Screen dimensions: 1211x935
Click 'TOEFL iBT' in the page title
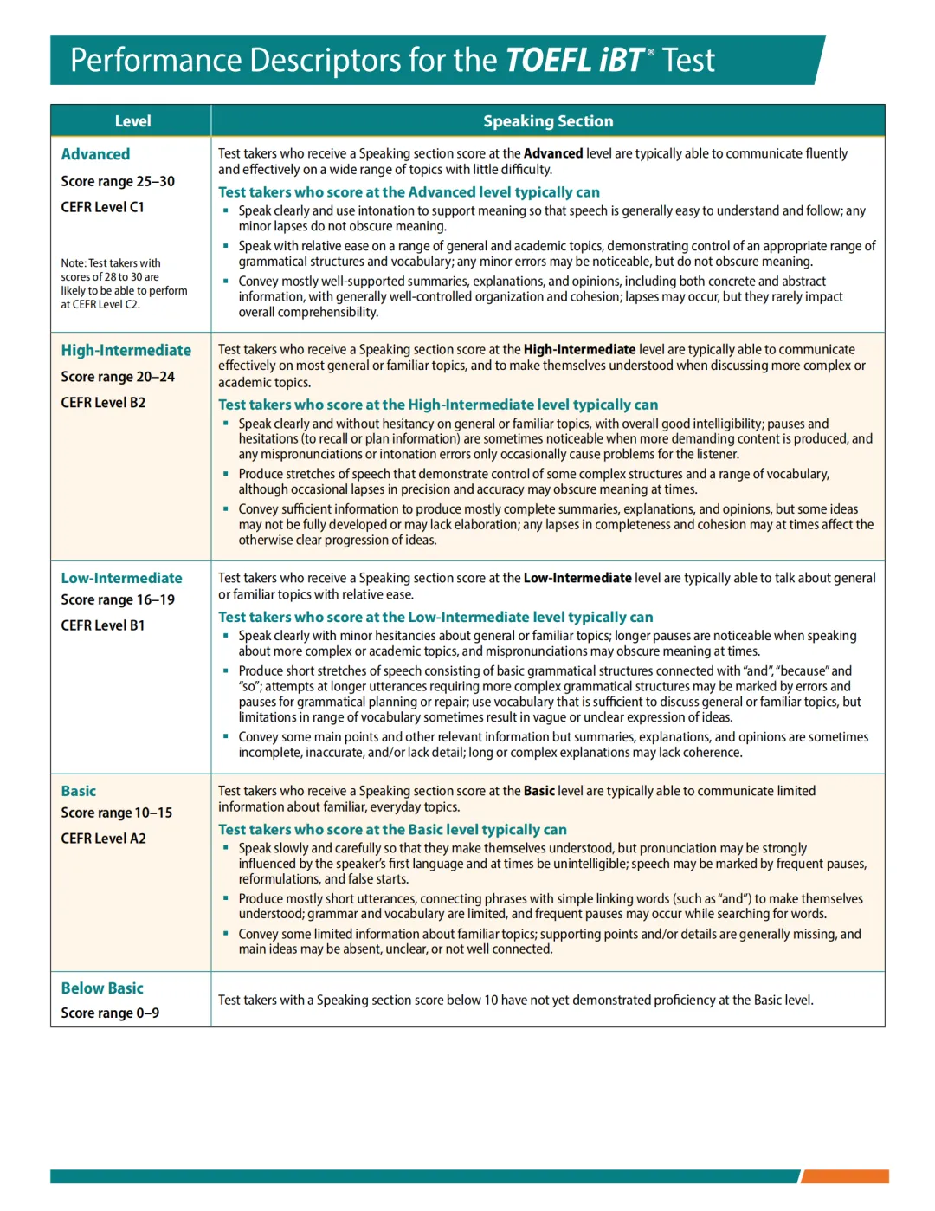click(574, 61)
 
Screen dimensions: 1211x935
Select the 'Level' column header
click(132, 121)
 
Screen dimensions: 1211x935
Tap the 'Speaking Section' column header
click(547, 121)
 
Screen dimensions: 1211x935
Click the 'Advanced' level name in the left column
click(95, 154)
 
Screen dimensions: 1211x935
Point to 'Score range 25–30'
click(118, 181)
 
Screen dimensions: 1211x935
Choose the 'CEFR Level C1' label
click(102, 207)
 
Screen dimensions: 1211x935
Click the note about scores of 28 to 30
click(124, 283)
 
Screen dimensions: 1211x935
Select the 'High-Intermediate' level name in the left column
click(126, 350)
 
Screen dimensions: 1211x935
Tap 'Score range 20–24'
click(118, 377)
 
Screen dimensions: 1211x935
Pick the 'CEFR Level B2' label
click(103, 403)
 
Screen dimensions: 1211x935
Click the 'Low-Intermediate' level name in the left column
click(121, 578)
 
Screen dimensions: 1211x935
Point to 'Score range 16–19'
click(118, 599)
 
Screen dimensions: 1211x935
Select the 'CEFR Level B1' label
click(103, 625)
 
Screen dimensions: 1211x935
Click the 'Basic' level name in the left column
click(79, 791)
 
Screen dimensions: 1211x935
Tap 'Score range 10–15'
click(117, 813)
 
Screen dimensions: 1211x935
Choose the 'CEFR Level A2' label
click(103, 839)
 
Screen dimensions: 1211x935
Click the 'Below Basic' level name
click(102, 988)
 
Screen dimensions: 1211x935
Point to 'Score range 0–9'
click(110, 1013)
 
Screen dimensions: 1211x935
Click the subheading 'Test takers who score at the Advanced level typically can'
click(409, 192)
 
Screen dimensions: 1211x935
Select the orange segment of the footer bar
click(845, 1176)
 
